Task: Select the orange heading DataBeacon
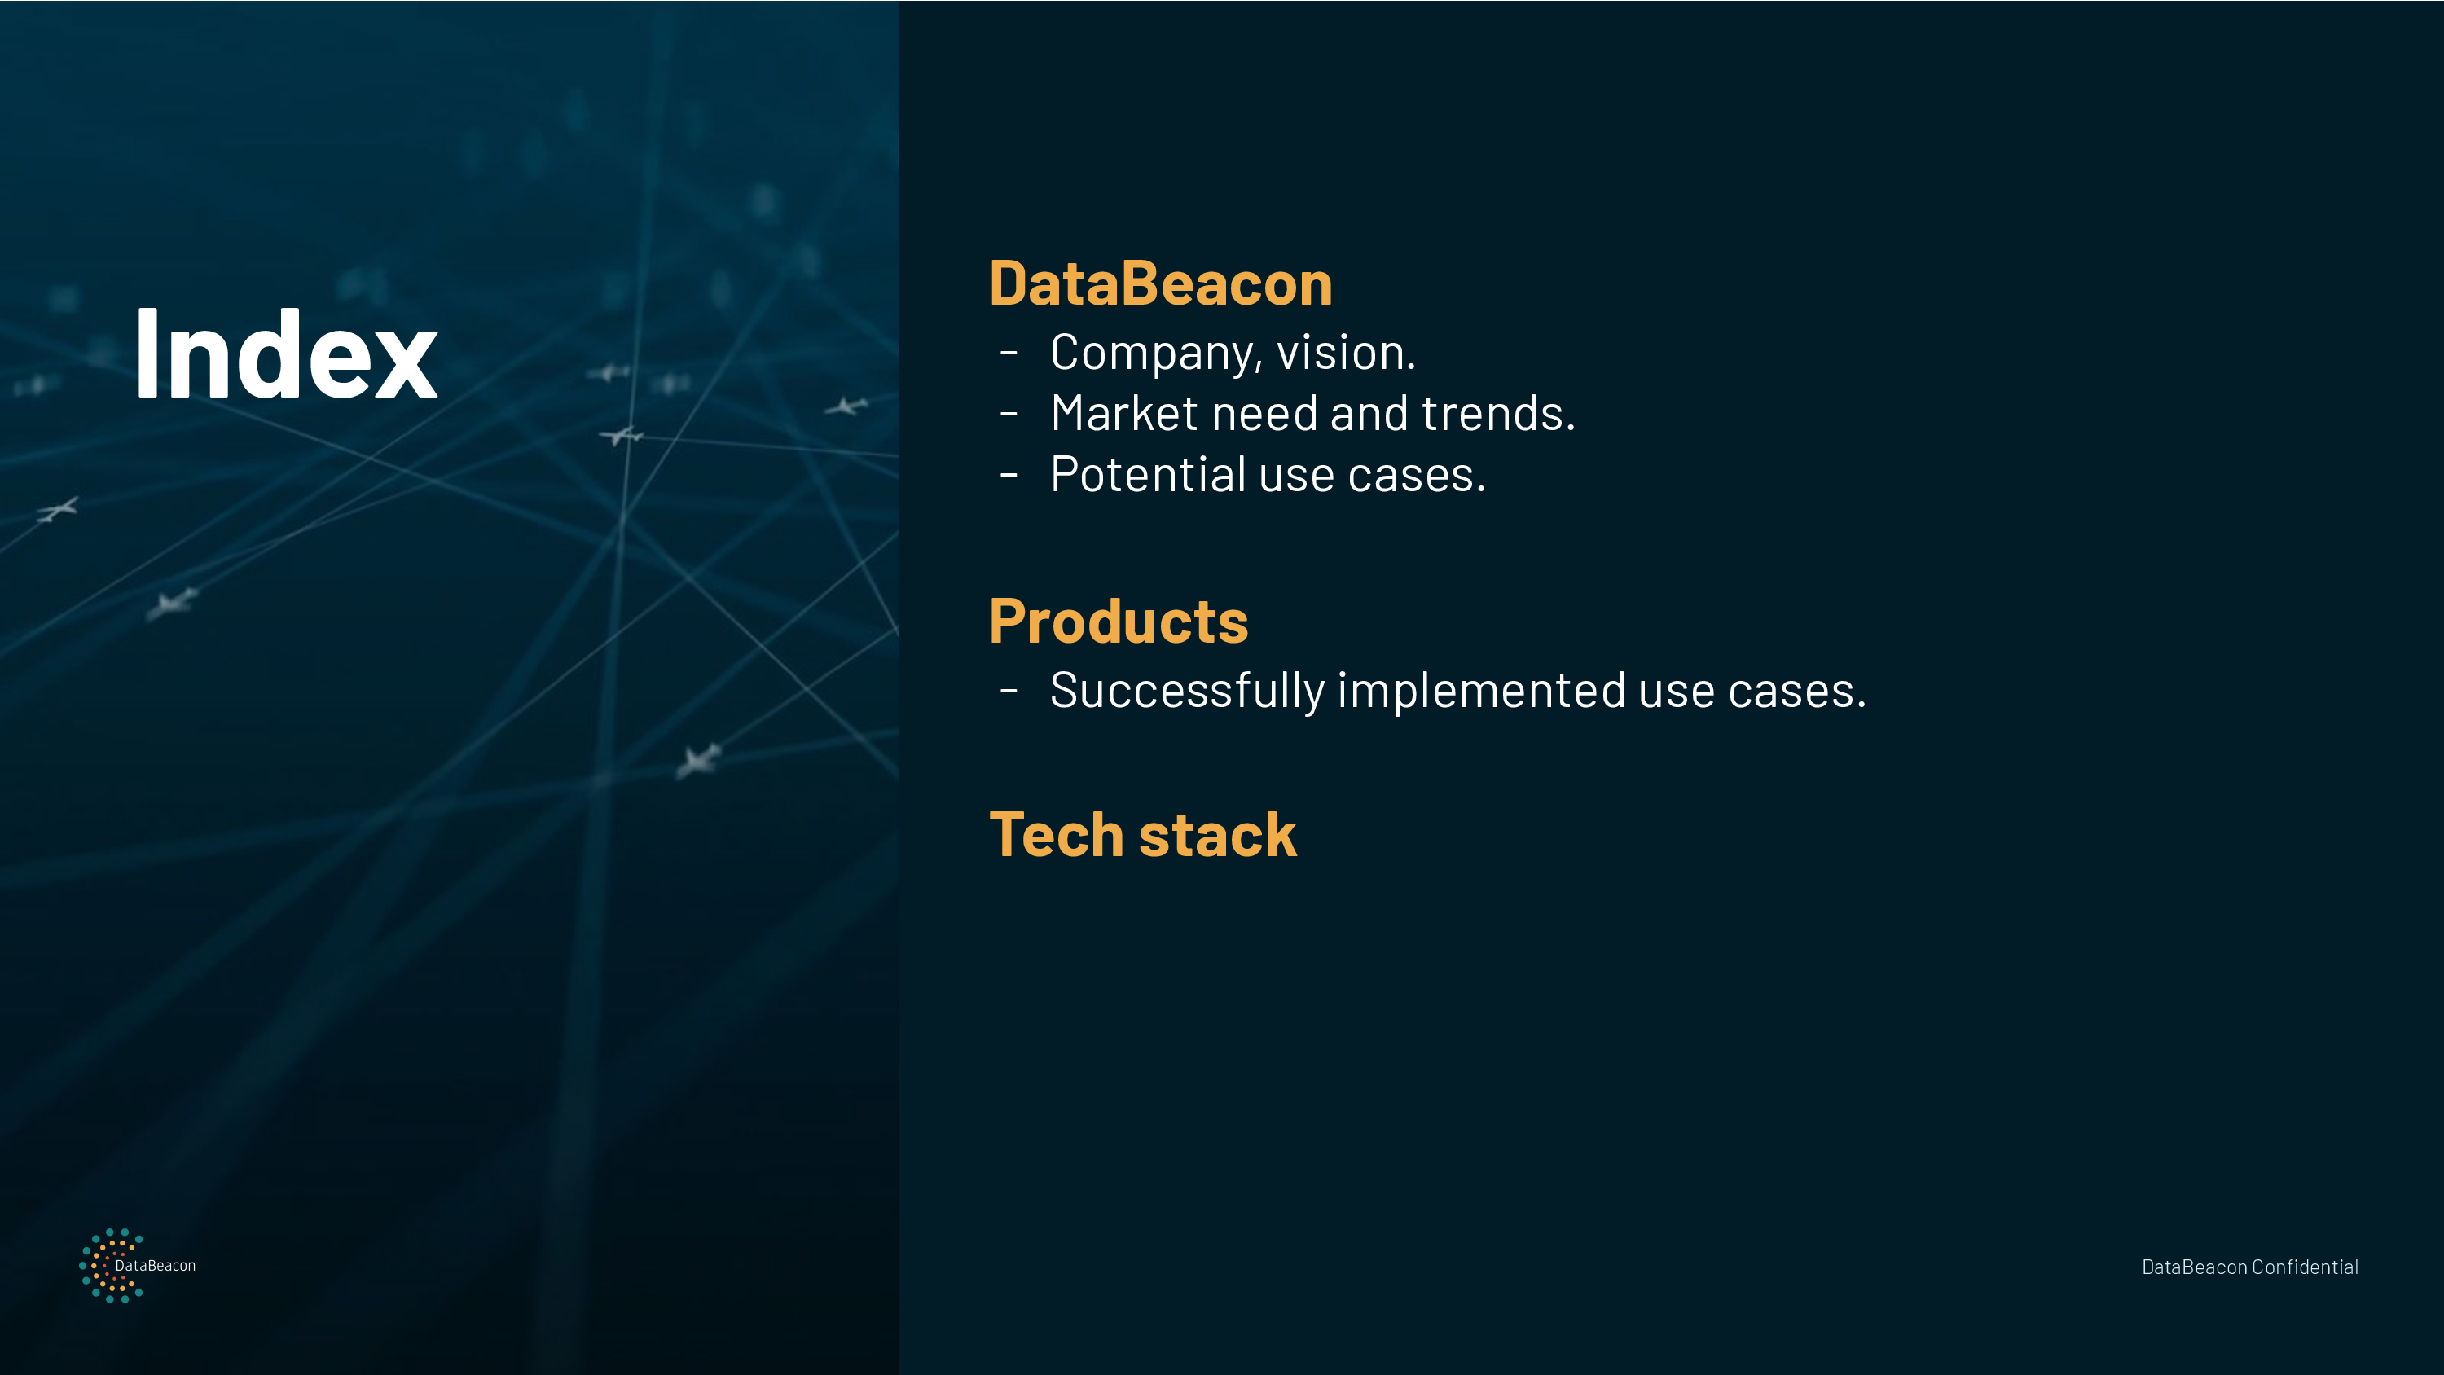pyautogui.click(x=1160, y=283)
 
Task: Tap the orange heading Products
pyautogui.click(x=1119, y=622)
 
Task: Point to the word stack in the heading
pyautogui.click(x=1217, y=835)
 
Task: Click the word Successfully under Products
pyautogui.click(x=1187, y=691)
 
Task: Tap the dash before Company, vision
pyautogui.click(x=1009, y=353)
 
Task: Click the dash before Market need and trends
pyautogui.click(x=1009, y=414)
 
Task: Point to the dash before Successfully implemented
pyautogui.click(x=1009, y=690)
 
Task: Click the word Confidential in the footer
pyautogui.click(x=2305, y=1267)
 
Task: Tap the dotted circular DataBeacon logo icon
pyautogui.click(x=111, y=1266)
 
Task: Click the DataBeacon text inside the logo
pyautogui.click(x=156, y=1266)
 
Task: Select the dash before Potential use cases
pyautogui.click(x=1009, y=474)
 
